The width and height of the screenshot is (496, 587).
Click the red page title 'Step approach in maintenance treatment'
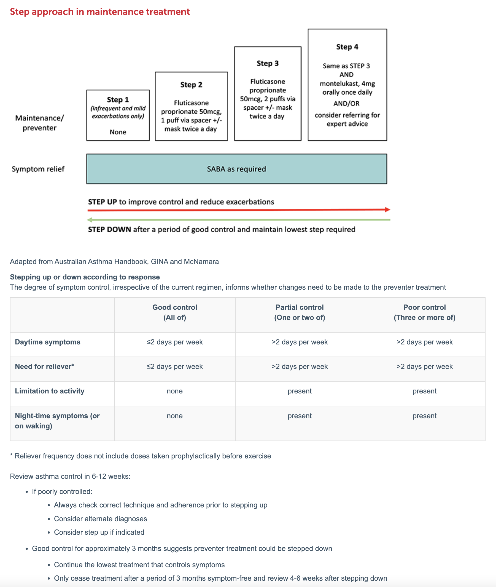coord(100,12)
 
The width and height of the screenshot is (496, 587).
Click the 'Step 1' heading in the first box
coord(118,100)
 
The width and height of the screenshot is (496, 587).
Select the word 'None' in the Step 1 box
coord(118,132)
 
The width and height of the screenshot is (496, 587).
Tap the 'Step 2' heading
coord(191,85)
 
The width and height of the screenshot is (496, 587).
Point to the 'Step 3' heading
coord(267,63)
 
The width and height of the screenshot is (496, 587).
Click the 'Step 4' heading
coord(347,47)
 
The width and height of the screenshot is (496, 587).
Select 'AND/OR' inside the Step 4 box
coord(346,104)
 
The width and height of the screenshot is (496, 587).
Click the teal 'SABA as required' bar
coord(236,169)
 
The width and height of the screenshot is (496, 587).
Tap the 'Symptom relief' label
coord(38,169)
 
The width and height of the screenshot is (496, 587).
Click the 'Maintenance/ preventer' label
coord(39,123)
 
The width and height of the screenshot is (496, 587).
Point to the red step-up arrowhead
coord(387,210)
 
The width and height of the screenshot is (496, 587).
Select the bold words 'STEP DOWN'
coord(109,230)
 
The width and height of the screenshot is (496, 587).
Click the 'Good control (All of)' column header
coord(175,312)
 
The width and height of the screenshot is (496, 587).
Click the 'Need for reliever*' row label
coord(44,366)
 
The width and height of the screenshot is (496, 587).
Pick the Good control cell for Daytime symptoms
coord(175,342)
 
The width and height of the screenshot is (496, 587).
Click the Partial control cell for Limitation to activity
coord(300,391)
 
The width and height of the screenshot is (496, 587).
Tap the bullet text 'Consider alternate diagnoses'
coord(100,519)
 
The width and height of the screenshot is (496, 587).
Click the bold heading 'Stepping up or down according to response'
coord(85,277)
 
